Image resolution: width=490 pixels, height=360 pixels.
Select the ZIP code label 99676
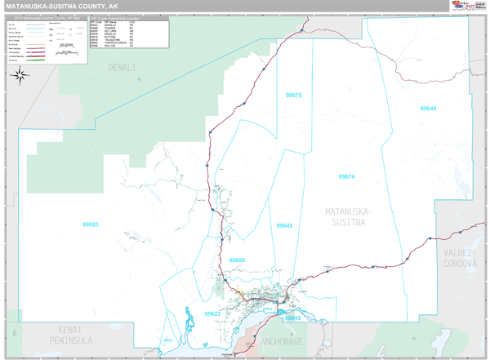tap(294, 96)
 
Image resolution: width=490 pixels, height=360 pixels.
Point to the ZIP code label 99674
tap(346, 176)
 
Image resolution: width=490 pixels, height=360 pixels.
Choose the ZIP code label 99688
tap(237, 260)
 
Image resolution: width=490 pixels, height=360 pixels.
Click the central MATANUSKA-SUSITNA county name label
tap(347, 216)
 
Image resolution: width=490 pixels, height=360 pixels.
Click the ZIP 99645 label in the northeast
tap(428, 109)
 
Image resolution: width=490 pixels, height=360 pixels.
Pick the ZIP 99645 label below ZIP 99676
tap(284, 225)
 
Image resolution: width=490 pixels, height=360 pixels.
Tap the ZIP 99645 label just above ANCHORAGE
tap(292, 318)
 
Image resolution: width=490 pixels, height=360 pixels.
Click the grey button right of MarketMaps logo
tap(480, 6)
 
